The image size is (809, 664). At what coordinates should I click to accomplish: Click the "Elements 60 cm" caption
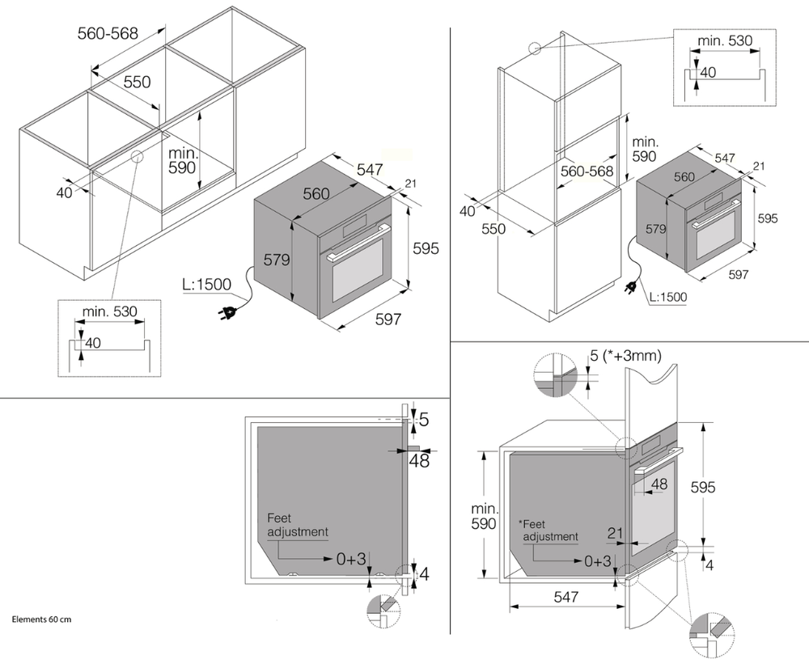pos(42,619)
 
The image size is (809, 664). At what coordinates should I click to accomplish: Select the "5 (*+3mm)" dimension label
pos(627,355)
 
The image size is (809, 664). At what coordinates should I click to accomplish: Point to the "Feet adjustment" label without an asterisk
pos(297,525)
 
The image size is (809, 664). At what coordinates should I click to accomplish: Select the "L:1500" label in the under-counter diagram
pos(206,284)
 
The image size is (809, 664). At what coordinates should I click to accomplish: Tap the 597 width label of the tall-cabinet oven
pos(737,275)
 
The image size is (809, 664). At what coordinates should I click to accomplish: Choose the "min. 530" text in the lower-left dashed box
pos(110,311)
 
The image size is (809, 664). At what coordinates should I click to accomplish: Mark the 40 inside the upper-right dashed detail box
pos(708,72)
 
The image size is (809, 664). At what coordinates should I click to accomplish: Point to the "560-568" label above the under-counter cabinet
pos(108,33)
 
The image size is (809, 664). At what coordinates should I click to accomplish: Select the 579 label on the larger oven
pos(278,260)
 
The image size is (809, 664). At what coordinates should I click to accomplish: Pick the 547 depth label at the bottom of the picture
pos(566,597)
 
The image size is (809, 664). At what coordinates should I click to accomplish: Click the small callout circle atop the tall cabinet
pos(534,48)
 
